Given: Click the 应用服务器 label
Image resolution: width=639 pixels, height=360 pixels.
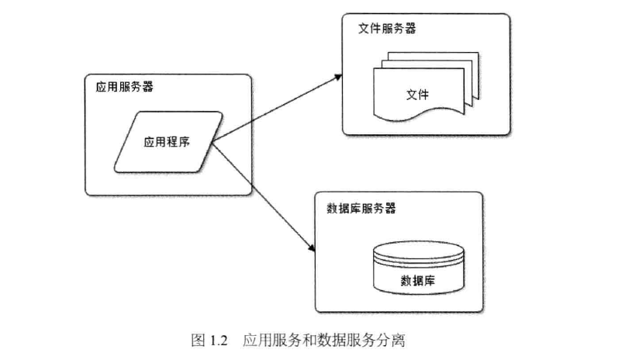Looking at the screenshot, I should point(124,87).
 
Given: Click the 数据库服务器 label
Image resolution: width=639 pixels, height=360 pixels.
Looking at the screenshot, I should point(362,208).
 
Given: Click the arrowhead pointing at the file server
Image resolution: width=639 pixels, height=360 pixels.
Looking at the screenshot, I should point(339,77).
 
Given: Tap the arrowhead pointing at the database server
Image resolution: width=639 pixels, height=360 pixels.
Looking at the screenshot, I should point(311,248).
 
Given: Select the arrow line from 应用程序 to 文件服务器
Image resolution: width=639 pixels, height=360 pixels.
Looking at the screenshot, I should point(275,109).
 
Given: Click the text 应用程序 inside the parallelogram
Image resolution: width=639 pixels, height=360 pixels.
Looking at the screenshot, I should point(168,142).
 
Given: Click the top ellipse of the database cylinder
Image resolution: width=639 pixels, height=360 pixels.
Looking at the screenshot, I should point(417,252).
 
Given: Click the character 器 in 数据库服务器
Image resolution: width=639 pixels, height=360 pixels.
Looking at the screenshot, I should point(391,208).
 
